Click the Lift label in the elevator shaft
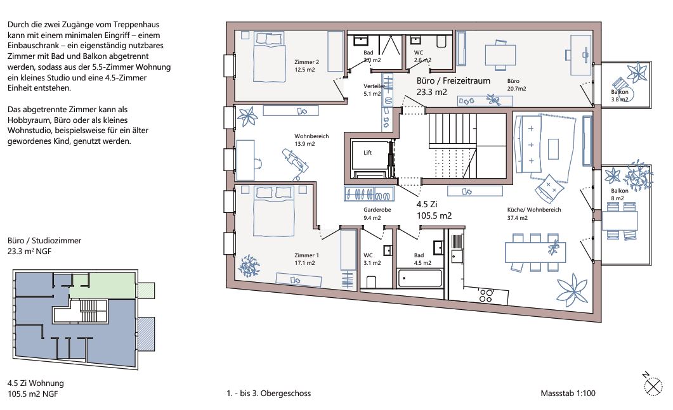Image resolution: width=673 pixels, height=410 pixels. [367, 153]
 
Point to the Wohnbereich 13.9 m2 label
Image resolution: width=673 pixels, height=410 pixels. [311, 140]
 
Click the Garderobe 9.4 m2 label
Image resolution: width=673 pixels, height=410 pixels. [377, 214]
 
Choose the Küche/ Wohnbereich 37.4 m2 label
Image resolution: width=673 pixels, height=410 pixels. [534, 214]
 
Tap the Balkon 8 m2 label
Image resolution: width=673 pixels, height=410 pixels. [619, 195]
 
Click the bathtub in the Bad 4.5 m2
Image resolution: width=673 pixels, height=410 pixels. [420, 278]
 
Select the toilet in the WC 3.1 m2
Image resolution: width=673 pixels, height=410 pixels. [371, 281]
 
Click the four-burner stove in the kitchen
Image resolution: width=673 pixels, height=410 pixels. [487, 295]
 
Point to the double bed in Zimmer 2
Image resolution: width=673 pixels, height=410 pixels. [269, 57]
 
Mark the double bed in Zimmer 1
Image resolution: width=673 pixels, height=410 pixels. [273, 211]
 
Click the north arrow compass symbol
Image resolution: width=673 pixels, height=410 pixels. [653, 385]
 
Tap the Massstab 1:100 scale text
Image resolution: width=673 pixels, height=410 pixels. [568, 394]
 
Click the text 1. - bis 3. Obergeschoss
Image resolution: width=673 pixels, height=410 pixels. [269, 394]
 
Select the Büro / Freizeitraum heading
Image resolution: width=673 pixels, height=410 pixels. [454, 80]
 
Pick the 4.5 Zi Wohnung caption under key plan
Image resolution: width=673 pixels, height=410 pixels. [36, 383]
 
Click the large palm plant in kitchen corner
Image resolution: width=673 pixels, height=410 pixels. [572, 290]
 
